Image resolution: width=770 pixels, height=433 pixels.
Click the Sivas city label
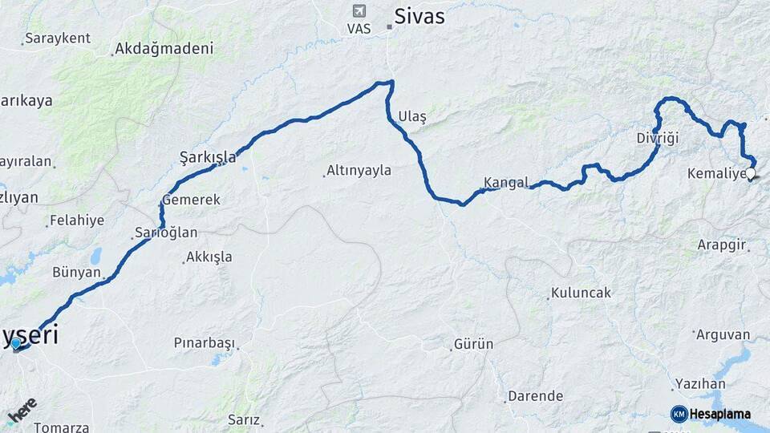click(x=420, y=16)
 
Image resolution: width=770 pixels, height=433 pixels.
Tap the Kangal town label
click(x=506, y=182)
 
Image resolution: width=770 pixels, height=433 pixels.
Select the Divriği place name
click(x=657, y=138)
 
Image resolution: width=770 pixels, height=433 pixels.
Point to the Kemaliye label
click(x=715, y=173)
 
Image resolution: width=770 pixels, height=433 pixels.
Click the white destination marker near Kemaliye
click(x=751, y=173)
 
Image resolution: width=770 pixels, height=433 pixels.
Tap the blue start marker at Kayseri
click(x=16, y=344)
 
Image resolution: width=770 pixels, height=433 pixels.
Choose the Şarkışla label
click(x=208, y=157)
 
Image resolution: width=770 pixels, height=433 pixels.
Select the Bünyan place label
click(x=76, y=272)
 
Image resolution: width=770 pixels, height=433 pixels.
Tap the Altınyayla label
click(x=359, y=171)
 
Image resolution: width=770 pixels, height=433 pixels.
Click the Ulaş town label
click(x=412, y=117)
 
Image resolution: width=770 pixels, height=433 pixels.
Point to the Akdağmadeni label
click(x=164, y=49)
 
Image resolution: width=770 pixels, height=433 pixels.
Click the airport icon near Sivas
click(x=359, y=11)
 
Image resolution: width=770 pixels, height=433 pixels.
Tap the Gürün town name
click(x=474, y=344)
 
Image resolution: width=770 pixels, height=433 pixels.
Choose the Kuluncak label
click(x=582, y=293)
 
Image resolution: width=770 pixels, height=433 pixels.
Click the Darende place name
click(x=535, y=396)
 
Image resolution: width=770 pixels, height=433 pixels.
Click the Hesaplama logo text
click(x=720, y=414)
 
